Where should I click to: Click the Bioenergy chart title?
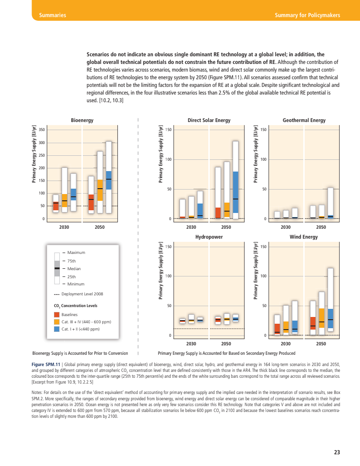(x=82, y=120)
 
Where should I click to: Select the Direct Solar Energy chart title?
(x=209, y=120)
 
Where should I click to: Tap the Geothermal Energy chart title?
(x=304, y=120)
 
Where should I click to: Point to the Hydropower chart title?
(x=209, y=236)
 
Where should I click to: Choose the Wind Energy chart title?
(x=304, y=236)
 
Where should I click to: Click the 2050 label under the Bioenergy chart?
(x=99, y=227)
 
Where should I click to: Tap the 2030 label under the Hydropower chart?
(x=191, y=344)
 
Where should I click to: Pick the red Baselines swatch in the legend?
(x=57, y=314)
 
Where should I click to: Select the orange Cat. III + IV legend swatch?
(x=57, y=321)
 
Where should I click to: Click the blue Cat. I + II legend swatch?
(x=57, y=329)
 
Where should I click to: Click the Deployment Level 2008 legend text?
(x=82, y=294)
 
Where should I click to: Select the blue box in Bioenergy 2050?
(x=108, y=180)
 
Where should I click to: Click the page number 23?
(x=337, y=452)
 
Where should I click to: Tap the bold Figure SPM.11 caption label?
(x=45, y=364)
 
